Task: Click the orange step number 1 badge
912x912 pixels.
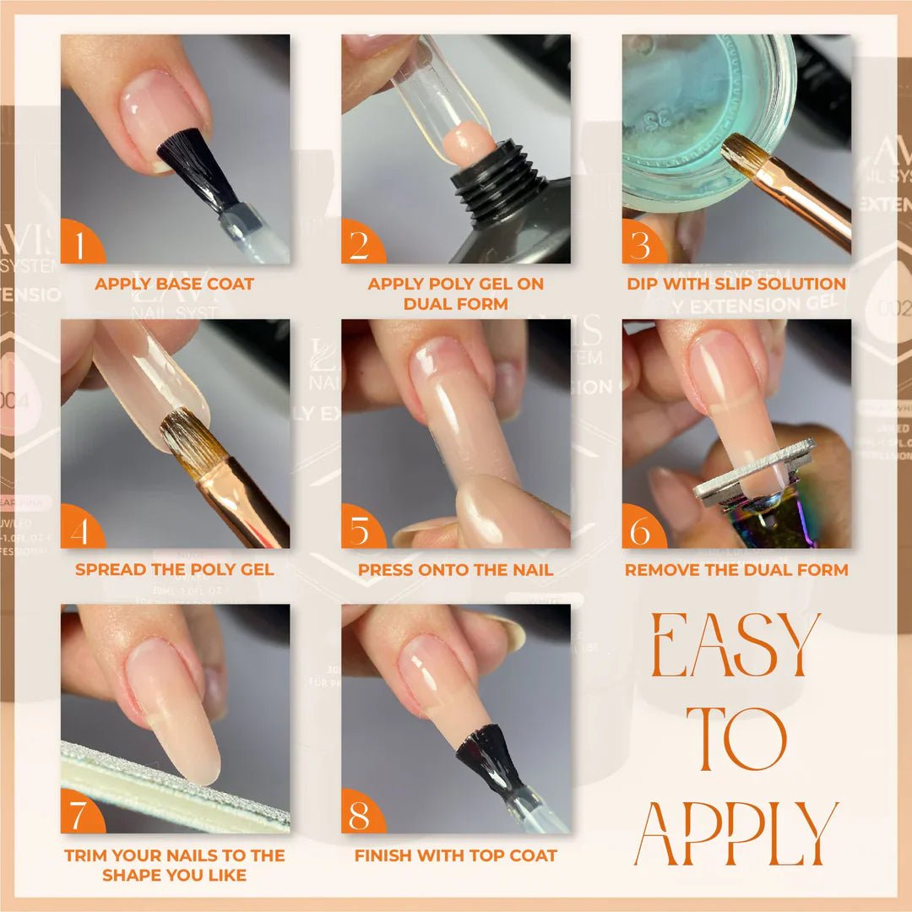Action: click(80, 245)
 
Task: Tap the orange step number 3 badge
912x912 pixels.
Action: click(642, 245)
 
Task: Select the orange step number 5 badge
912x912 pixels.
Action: click(361, 530)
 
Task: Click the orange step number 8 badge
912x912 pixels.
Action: click(361, 815)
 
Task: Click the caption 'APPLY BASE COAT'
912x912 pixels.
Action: click(175, 284)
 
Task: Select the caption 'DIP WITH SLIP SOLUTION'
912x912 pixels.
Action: click(736, 284)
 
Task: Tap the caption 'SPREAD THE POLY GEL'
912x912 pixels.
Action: click(175, 569)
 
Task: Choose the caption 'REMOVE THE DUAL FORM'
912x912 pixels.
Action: click(736, 569)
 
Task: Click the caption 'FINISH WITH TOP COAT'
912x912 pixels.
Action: click(456, 855)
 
